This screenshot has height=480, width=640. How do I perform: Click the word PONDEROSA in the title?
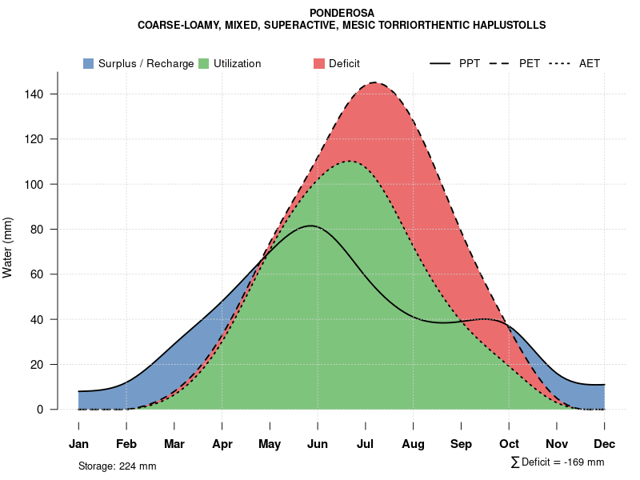tap(342, 13)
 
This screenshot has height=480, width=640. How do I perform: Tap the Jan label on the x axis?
tap(78, 444)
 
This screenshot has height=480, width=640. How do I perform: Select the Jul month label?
tap(366, 444)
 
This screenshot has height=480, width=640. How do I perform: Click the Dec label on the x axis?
tap(605, 444)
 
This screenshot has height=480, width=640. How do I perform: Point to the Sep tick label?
tap(461, 444)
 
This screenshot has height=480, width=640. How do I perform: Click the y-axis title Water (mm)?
tap(8, 247)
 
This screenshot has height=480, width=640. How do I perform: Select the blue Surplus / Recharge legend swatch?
tap(88, 63)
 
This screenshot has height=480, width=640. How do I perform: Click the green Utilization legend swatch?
tap(204, 63)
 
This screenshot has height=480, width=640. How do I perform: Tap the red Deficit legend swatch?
tap(318, 63)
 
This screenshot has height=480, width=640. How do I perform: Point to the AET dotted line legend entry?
tap(576, 63)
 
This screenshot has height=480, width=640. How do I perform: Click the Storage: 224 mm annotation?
tap(117, 466)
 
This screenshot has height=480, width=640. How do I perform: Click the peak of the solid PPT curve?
tap(310, 226)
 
